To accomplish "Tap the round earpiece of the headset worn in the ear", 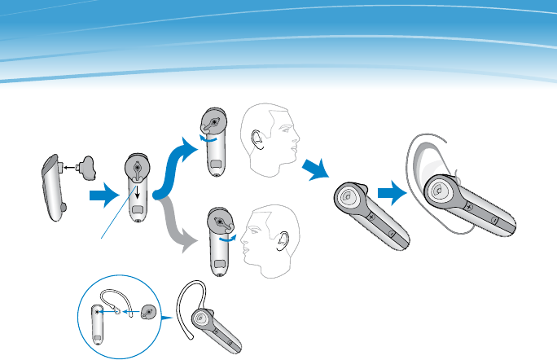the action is [437, 190].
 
